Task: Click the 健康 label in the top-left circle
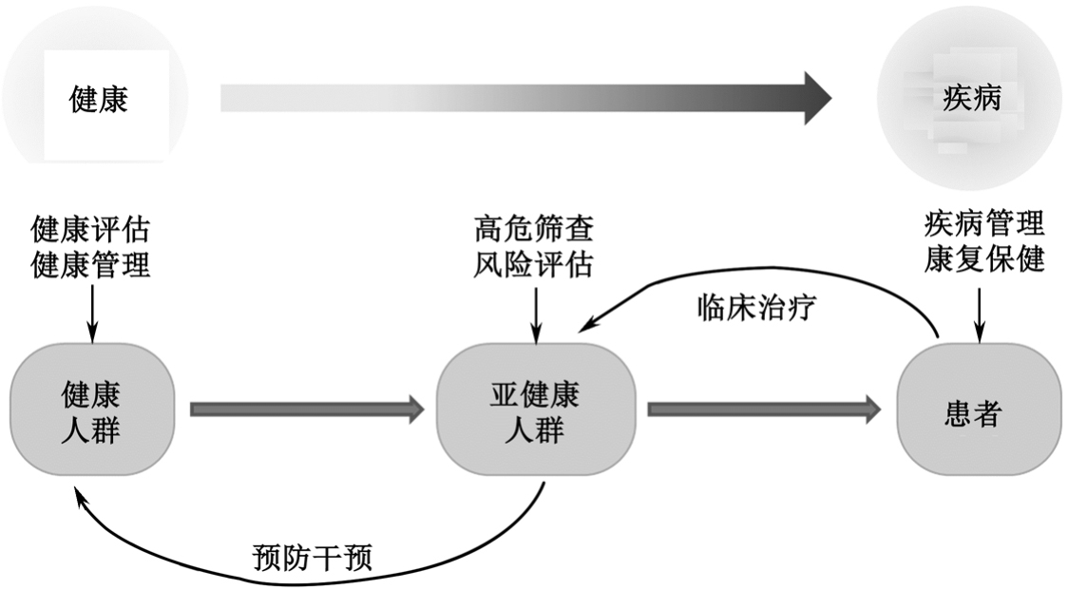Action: point(99,99)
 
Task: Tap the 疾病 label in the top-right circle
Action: point(971,97)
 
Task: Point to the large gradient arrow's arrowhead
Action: point(815,97)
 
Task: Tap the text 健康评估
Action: point(91,229)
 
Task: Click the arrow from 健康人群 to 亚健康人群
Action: point(306,409)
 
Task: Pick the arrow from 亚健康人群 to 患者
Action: point(764,409)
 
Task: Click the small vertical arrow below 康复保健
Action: point(980,314)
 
